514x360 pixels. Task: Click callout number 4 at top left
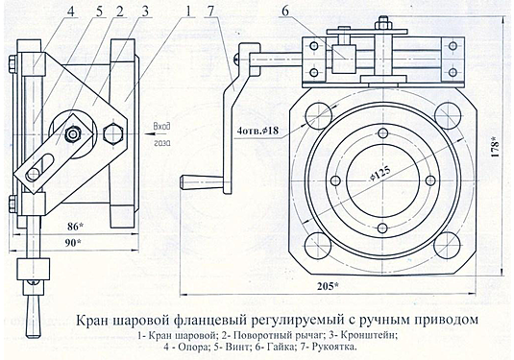click(x=71, y=12)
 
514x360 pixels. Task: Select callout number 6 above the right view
click(x=285, y=12)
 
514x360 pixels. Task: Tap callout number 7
click(x=210, y=12)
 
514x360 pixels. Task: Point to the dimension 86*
click(x=74, y=226)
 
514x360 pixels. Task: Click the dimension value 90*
click(x=74, y=243)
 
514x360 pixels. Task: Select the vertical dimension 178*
click(x=495, y=148)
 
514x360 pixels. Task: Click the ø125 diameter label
click(x=380, y=173)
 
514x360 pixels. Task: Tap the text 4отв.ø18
click(x=257, y=131)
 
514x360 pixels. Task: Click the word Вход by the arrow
click(x=162, y=128)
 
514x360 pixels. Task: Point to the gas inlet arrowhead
click(x=147, y=134)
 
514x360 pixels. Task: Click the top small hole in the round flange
click(x=383, y=132)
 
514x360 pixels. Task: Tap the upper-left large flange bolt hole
click(x=319, y=113)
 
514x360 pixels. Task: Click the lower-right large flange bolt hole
click(x=448, y=245)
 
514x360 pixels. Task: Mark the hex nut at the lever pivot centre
click(x=73, y=133)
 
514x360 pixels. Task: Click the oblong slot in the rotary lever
click(x=40, y=166)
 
